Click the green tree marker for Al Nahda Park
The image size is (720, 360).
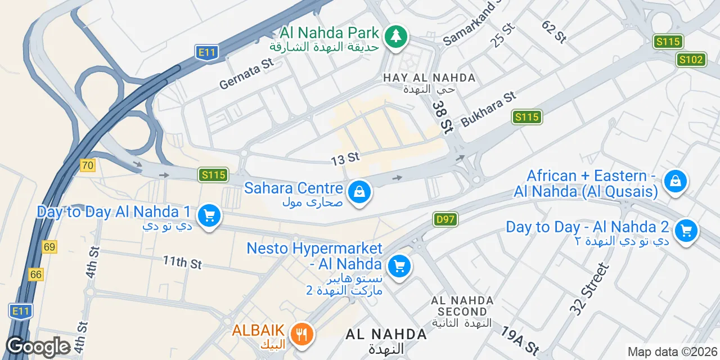pyautogui.click(x=397, y=37)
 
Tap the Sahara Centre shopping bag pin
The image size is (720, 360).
pyautogui.click(x=359, y=193)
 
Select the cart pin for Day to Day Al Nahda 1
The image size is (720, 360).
pyautogui.click(x=209, y=215)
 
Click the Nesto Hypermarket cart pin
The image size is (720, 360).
pyautogui.click(x=399, y=266)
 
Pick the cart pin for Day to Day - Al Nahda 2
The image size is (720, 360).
pyautogui.click(x=686, y=231)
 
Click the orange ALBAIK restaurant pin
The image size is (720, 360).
pyautogui.click(x=303, y=334)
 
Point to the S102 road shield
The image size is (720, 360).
pyautogui.click(x=691, y=60)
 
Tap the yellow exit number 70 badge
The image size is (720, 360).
pyautogui.click(x=87, y=165)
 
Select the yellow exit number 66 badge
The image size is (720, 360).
pyautogui.click(x=37, y=274)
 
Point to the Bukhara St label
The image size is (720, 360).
pyautogui.click(x=488, y=109)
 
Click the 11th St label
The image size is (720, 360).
pyautogui.click(x=182, y=262)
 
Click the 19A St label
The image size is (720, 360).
pyautogui.click(x=520, y=340)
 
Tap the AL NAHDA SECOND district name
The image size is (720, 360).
pyautogui.click(x=462, y=306)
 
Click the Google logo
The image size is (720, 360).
pyautogui.click(x=38, y=347)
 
